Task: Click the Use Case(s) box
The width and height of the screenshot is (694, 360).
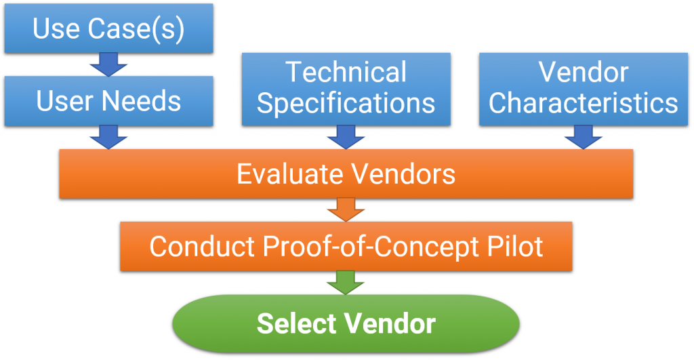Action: (108, 28)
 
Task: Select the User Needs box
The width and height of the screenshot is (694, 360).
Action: (108, 101)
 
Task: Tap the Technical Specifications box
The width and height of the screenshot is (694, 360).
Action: (346, 89)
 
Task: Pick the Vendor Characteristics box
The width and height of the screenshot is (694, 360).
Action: (584, 89)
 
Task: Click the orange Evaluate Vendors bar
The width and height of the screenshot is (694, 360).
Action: (346, 174)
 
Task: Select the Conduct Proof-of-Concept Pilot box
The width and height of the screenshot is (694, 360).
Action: (346, 245)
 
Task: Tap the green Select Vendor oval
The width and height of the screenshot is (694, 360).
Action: (346, 323)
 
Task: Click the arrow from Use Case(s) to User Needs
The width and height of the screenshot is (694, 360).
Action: (108, 65)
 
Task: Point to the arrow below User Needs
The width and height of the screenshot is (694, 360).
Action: (108, 138)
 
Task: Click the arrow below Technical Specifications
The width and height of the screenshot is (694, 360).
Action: (346, 138)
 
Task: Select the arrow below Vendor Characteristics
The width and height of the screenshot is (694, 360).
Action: (584, 138)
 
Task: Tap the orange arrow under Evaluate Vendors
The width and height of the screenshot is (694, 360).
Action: (346, 210)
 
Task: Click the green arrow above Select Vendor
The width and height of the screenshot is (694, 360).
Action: (346, 282)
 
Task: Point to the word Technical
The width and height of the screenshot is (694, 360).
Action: (346, 73)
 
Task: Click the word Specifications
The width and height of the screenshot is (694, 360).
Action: (346, 104)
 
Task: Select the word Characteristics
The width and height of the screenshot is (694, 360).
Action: (584, 104)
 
